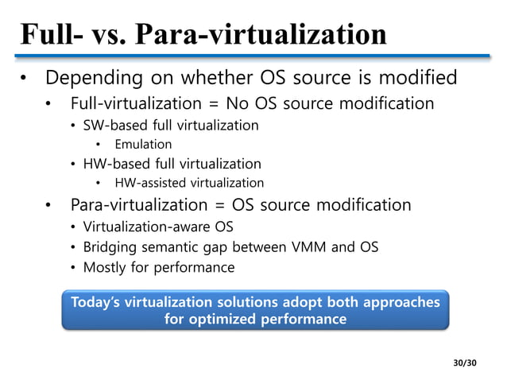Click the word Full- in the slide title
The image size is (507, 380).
(52, 35)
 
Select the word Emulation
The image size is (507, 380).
(143, 144)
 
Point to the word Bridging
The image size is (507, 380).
(111, 247)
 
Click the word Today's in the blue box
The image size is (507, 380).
(99, 303)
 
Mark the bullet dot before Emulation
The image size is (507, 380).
(99, 145)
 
